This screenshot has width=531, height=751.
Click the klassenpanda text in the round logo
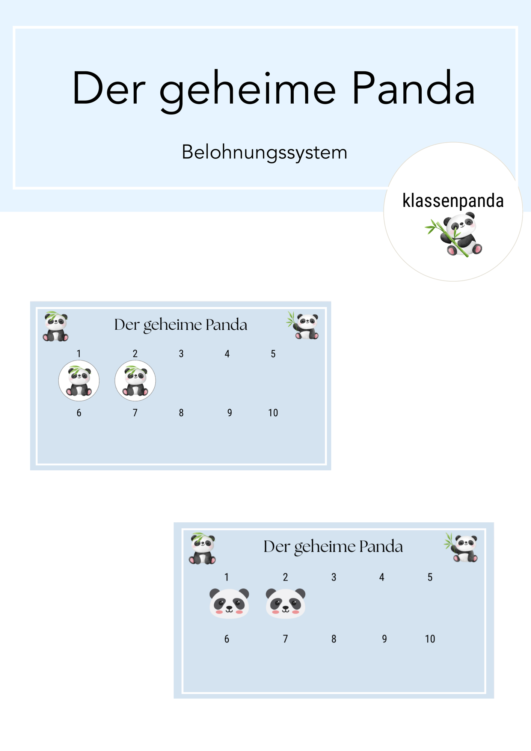(453, 201)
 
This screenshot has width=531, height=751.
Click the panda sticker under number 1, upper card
(79, 381)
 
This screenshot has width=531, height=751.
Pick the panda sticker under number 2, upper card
(135, 381)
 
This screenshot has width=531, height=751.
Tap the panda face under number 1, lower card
(229, 603)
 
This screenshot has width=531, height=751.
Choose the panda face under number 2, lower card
(285, 603)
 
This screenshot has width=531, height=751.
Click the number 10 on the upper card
(273, 413)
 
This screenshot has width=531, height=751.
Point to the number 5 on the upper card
(273, 354)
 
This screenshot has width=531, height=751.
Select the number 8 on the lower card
(333, 639)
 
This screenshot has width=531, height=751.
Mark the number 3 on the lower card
(333, 577)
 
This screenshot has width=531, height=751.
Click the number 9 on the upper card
(229, 413)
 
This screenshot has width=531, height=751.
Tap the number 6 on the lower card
(226, 639)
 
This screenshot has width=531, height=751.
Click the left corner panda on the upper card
(56, 326)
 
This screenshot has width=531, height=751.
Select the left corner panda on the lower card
(202, 549)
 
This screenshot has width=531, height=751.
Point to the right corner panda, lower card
(462, 547)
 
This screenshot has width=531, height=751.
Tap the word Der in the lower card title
(276, 547)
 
